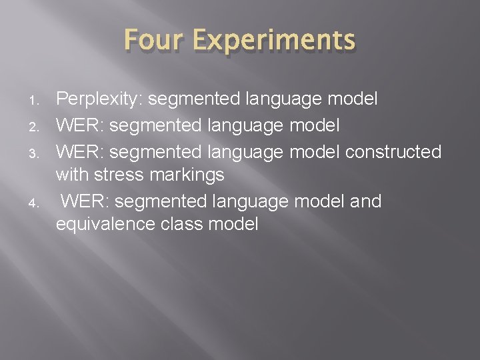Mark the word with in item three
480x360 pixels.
pyautogui.click(x=73, y=176)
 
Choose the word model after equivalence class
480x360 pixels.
pyautogui.click(x=233, y=225)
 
